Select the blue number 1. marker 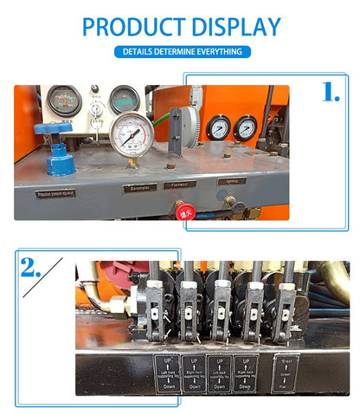pos(331,93)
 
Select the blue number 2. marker pos(30,268)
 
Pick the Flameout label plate pos(181,184)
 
